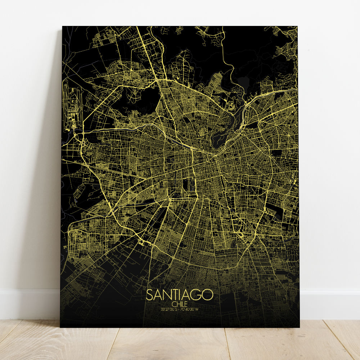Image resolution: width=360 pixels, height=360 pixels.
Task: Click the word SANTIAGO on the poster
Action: pyautogui.click(x=180, y=295)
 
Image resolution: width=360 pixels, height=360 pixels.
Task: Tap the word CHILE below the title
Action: pyautogui.click(x=180, y=303)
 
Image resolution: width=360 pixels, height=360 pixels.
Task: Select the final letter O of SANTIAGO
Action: pyautogui.click(x=208, y=295)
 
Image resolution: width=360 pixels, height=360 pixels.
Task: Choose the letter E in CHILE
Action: pyautogui.click(x=186, y=303)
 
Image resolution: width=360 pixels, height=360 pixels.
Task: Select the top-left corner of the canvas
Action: pyautogui.click(x=63, y=27)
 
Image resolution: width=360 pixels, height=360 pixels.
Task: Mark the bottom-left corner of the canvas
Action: pyautogui.click(x=60, y=327)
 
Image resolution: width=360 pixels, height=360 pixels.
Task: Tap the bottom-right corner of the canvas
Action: pyautogui.click(x=299, y=327)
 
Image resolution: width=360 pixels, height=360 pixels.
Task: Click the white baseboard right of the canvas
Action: pyautogui.click(x=329, y=302)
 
